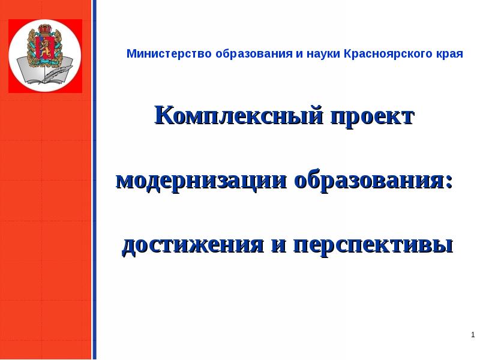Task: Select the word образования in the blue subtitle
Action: click(x=247, y=54)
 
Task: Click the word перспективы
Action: click(x=372, y=245)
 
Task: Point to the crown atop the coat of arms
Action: click(x=44, y=29)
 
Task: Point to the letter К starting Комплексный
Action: click(x=163, y=115)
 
